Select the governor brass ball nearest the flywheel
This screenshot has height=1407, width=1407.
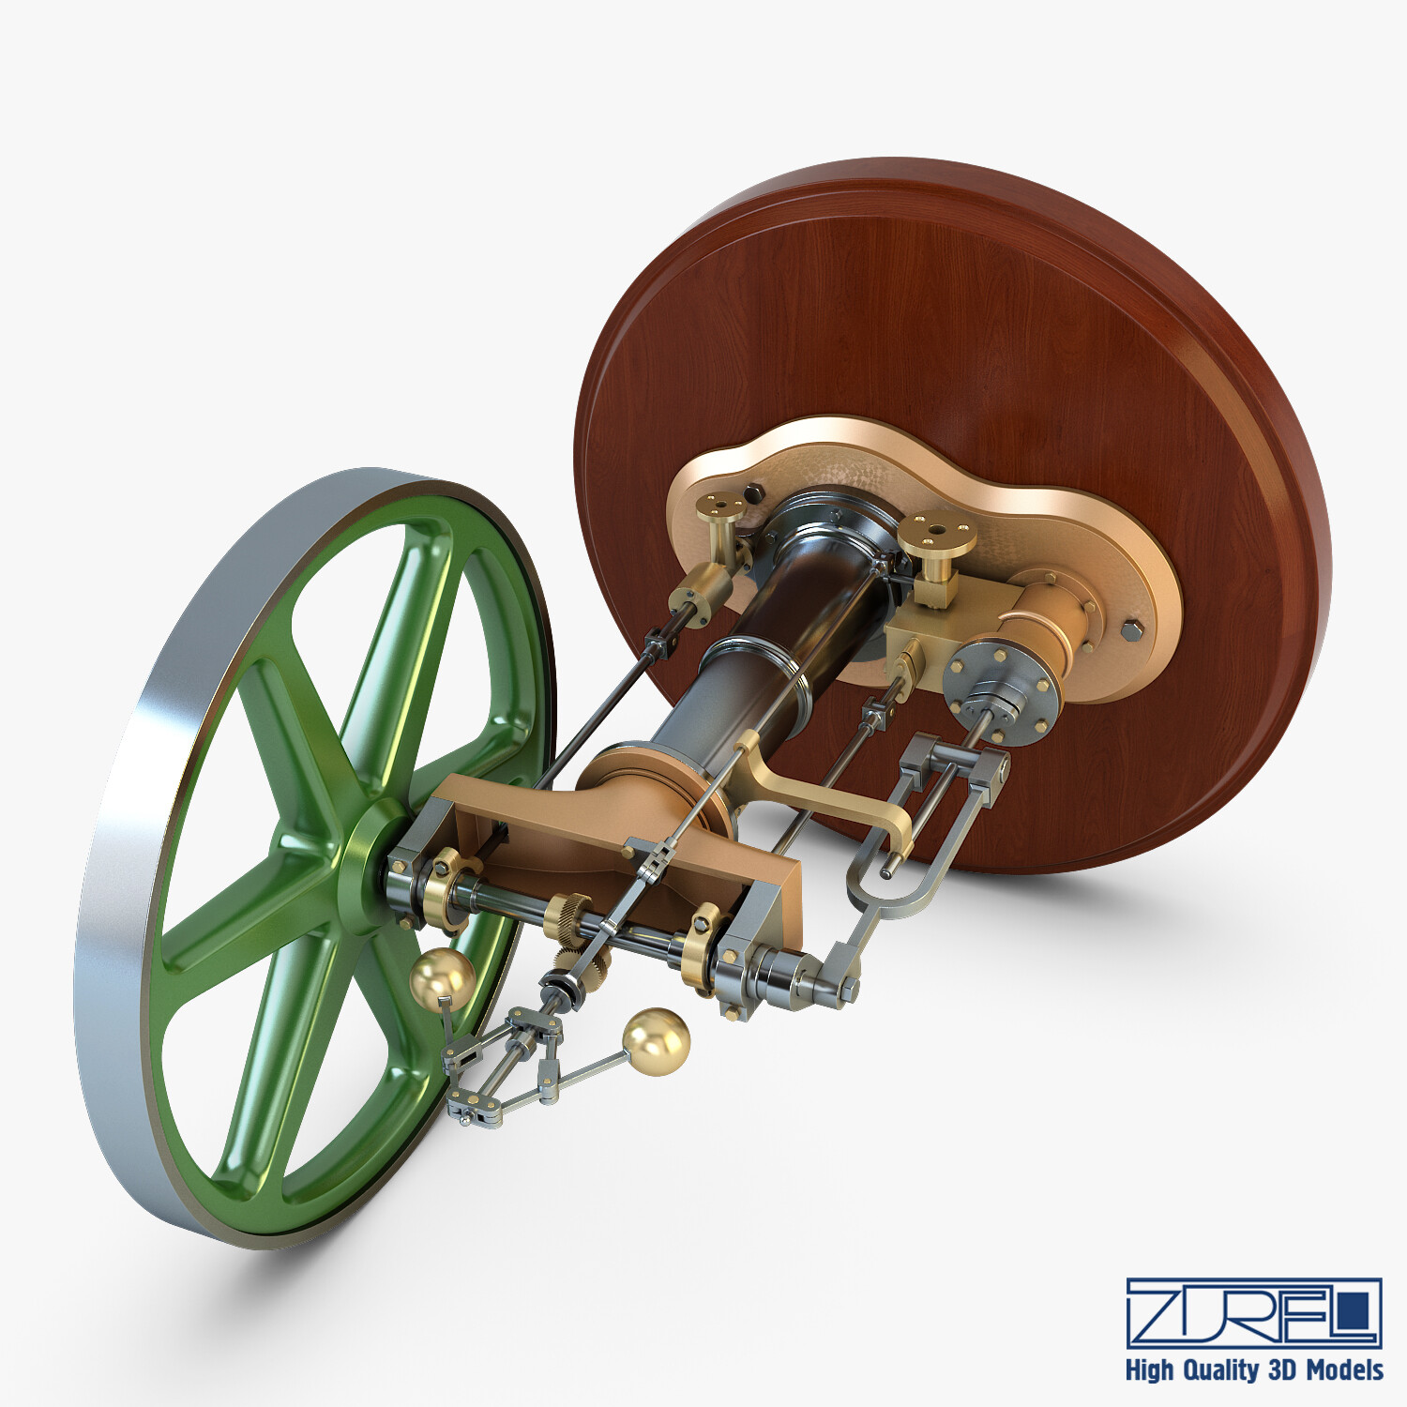[x=442, y=978]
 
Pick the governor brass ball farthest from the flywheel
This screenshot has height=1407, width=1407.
[x=656, y=1039]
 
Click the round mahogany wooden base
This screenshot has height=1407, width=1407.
[x=938, y=310]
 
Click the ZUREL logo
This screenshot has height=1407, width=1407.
[x=1253, y=1312]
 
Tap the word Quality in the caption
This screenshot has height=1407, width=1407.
[x=1219, y=1370]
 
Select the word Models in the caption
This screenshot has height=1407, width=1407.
[x=1344, y=1370]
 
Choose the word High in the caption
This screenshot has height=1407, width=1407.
[x=1150, y=1370]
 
